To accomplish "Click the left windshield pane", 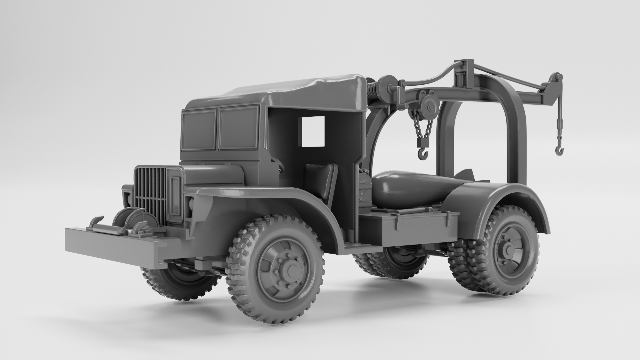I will tap(199, 130).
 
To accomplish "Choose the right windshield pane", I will tap(238, 128).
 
